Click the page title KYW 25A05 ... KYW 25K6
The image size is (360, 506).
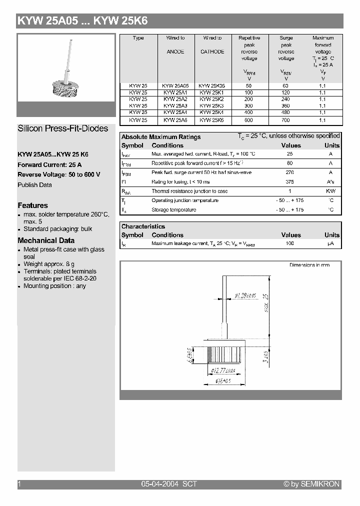tap(82, 21)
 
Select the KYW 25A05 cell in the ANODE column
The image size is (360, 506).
tap(175, 85)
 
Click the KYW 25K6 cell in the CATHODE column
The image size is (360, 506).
tap(212, 120)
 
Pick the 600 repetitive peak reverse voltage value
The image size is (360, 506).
tap(249, 120)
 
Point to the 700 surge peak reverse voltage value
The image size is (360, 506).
tap(286, 120)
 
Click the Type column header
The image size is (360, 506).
tap(138, 38)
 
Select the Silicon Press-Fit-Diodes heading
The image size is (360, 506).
tap(63, 128)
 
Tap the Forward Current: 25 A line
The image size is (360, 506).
tap(49, 165)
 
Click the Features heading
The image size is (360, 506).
tap(33, 205)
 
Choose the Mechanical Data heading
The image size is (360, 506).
tap(46, 240)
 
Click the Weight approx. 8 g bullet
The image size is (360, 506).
tap(49, 264)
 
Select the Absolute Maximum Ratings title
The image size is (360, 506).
tap(161, 137)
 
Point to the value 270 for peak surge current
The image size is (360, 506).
tap(289, 172)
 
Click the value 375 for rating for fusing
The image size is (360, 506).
tap(289, 182)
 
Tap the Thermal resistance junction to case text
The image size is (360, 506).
tap(189, 191)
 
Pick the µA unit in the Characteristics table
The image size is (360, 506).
tap(330, 243)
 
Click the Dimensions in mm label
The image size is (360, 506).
tap(309, 265)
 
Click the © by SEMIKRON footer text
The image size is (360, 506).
tap(311, 484)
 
